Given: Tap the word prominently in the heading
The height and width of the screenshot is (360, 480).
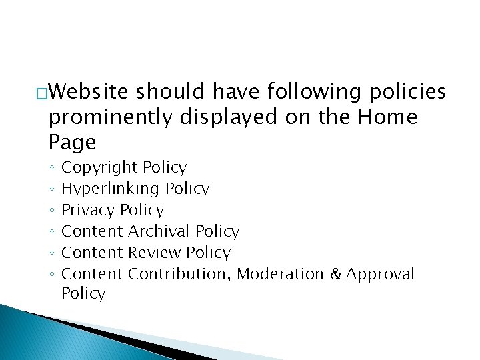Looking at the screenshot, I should click(x=110, y=117).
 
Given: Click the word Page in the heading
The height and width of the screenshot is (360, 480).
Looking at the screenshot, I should click(x=72, y=142).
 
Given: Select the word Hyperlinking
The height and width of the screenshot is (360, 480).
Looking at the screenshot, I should click(x=111, y=189).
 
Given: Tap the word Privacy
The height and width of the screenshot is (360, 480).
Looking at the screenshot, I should click(x=88, y=210).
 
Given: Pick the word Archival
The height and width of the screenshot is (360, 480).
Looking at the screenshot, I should click(x=159, y=231).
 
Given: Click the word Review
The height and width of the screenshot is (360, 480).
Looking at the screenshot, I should click(x=155, y=253).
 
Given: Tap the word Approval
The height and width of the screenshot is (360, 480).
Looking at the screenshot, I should click(x=380, y=274).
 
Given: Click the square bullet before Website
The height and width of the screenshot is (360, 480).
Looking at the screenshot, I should click(x=43, y=93).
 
